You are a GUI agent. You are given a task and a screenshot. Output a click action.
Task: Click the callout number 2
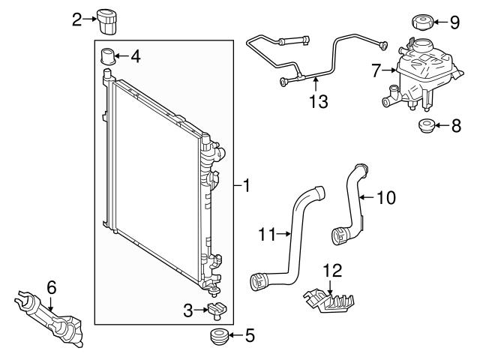[x=76, y=19]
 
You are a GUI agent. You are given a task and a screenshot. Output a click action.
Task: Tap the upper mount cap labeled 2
[x=108, y=21]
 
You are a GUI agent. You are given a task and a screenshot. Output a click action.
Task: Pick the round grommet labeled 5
[x=218, y=335]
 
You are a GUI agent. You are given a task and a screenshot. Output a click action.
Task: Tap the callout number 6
[x=51, y=287]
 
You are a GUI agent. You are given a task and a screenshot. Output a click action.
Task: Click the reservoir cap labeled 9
[x=423, y=21]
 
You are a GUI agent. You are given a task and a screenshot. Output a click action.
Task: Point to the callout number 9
[x=454, y=22]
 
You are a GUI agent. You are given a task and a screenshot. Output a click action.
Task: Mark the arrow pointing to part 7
[x=391, y=71]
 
